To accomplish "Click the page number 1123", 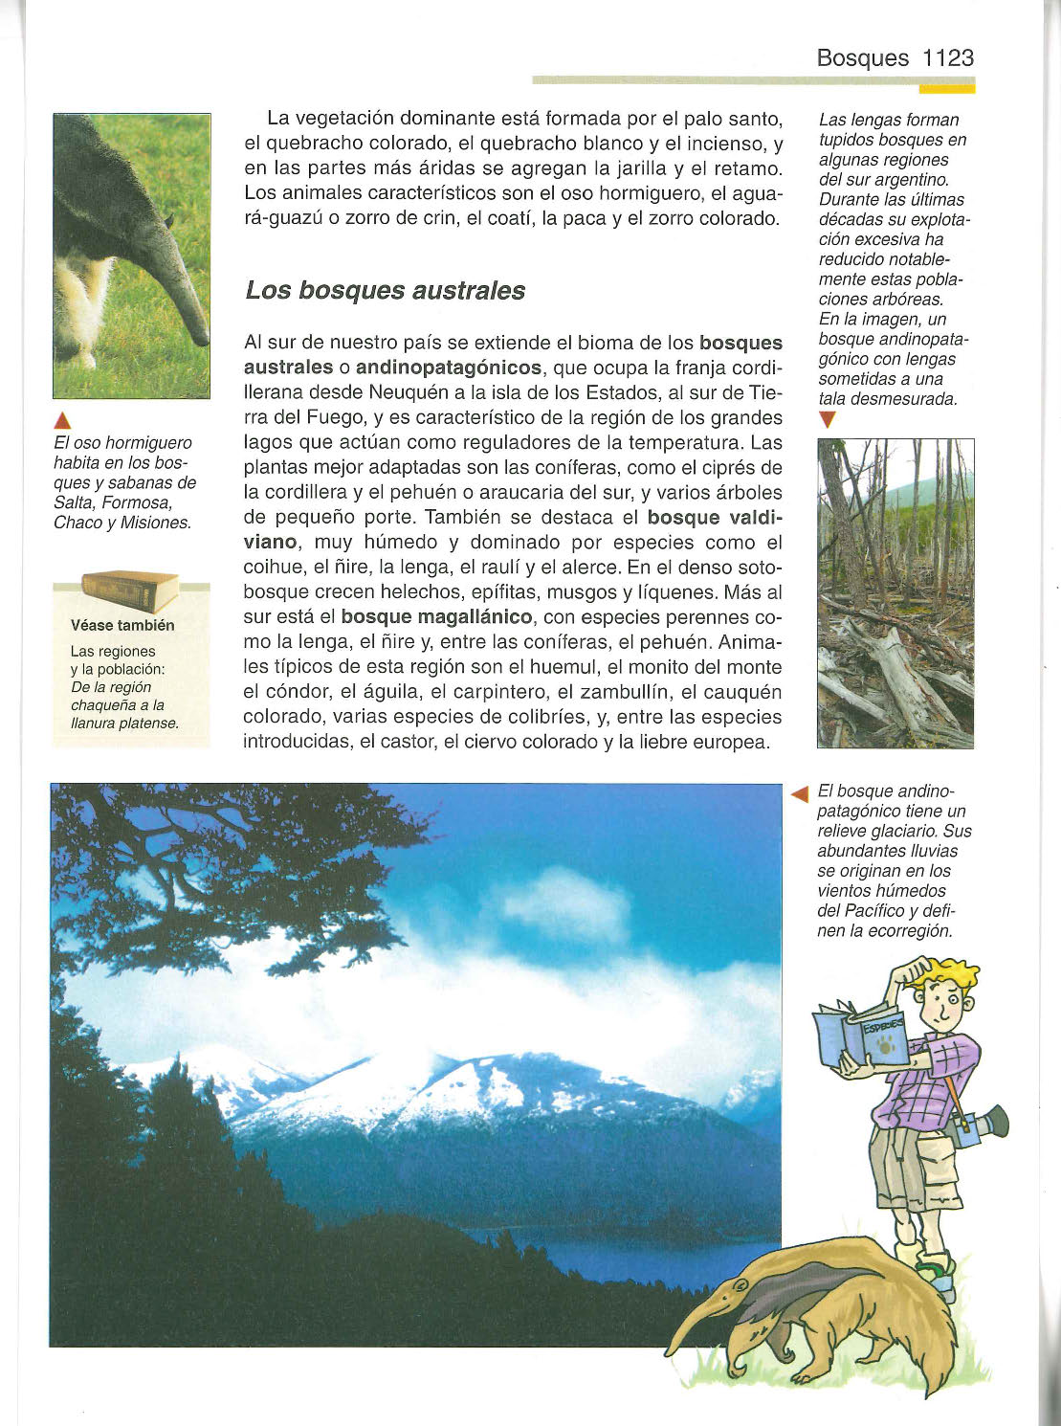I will point(947,58).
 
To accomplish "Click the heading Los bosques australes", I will point(385,290).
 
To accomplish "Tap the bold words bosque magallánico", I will point(435,617).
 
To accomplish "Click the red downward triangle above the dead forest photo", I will point(828,420).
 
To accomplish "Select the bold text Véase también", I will point(122,625).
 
